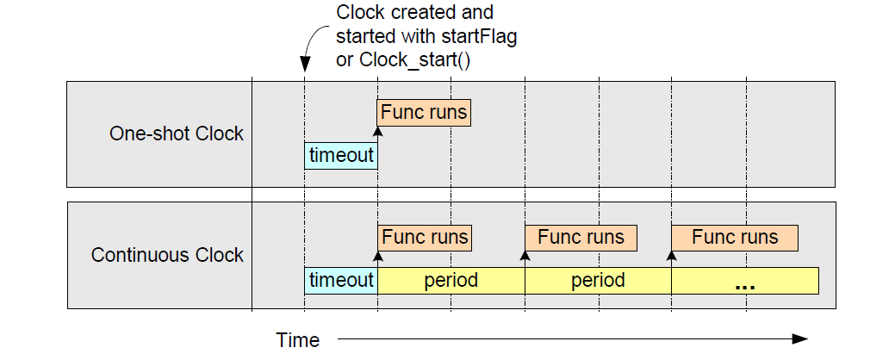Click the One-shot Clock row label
tap(176, 133)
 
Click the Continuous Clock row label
tap(167, 255)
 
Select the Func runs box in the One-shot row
tap(424, 113)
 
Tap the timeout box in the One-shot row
tap(341, 155)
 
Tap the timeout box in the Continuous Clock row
tap(341, 280)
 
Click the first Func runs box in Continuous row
tap(425, 237)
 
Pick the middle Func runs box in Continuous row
tap(581, 237)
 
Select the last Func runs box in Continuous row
tap(735, 237)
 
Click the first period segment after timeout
tap(451, 280)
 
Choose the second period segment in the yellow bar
tap(598, 280)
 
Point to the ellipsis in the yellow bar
tap(745, 283)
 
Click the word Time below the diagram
tap(297, 339)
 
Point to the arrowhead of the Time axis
tap(801, 339)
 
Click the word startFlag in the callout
tap(477, 37)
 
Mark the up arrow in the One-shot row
tap(377, 132)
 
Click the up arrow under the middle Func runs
tap(525, 256)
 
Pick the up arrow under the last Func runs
tap(672, 256)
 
